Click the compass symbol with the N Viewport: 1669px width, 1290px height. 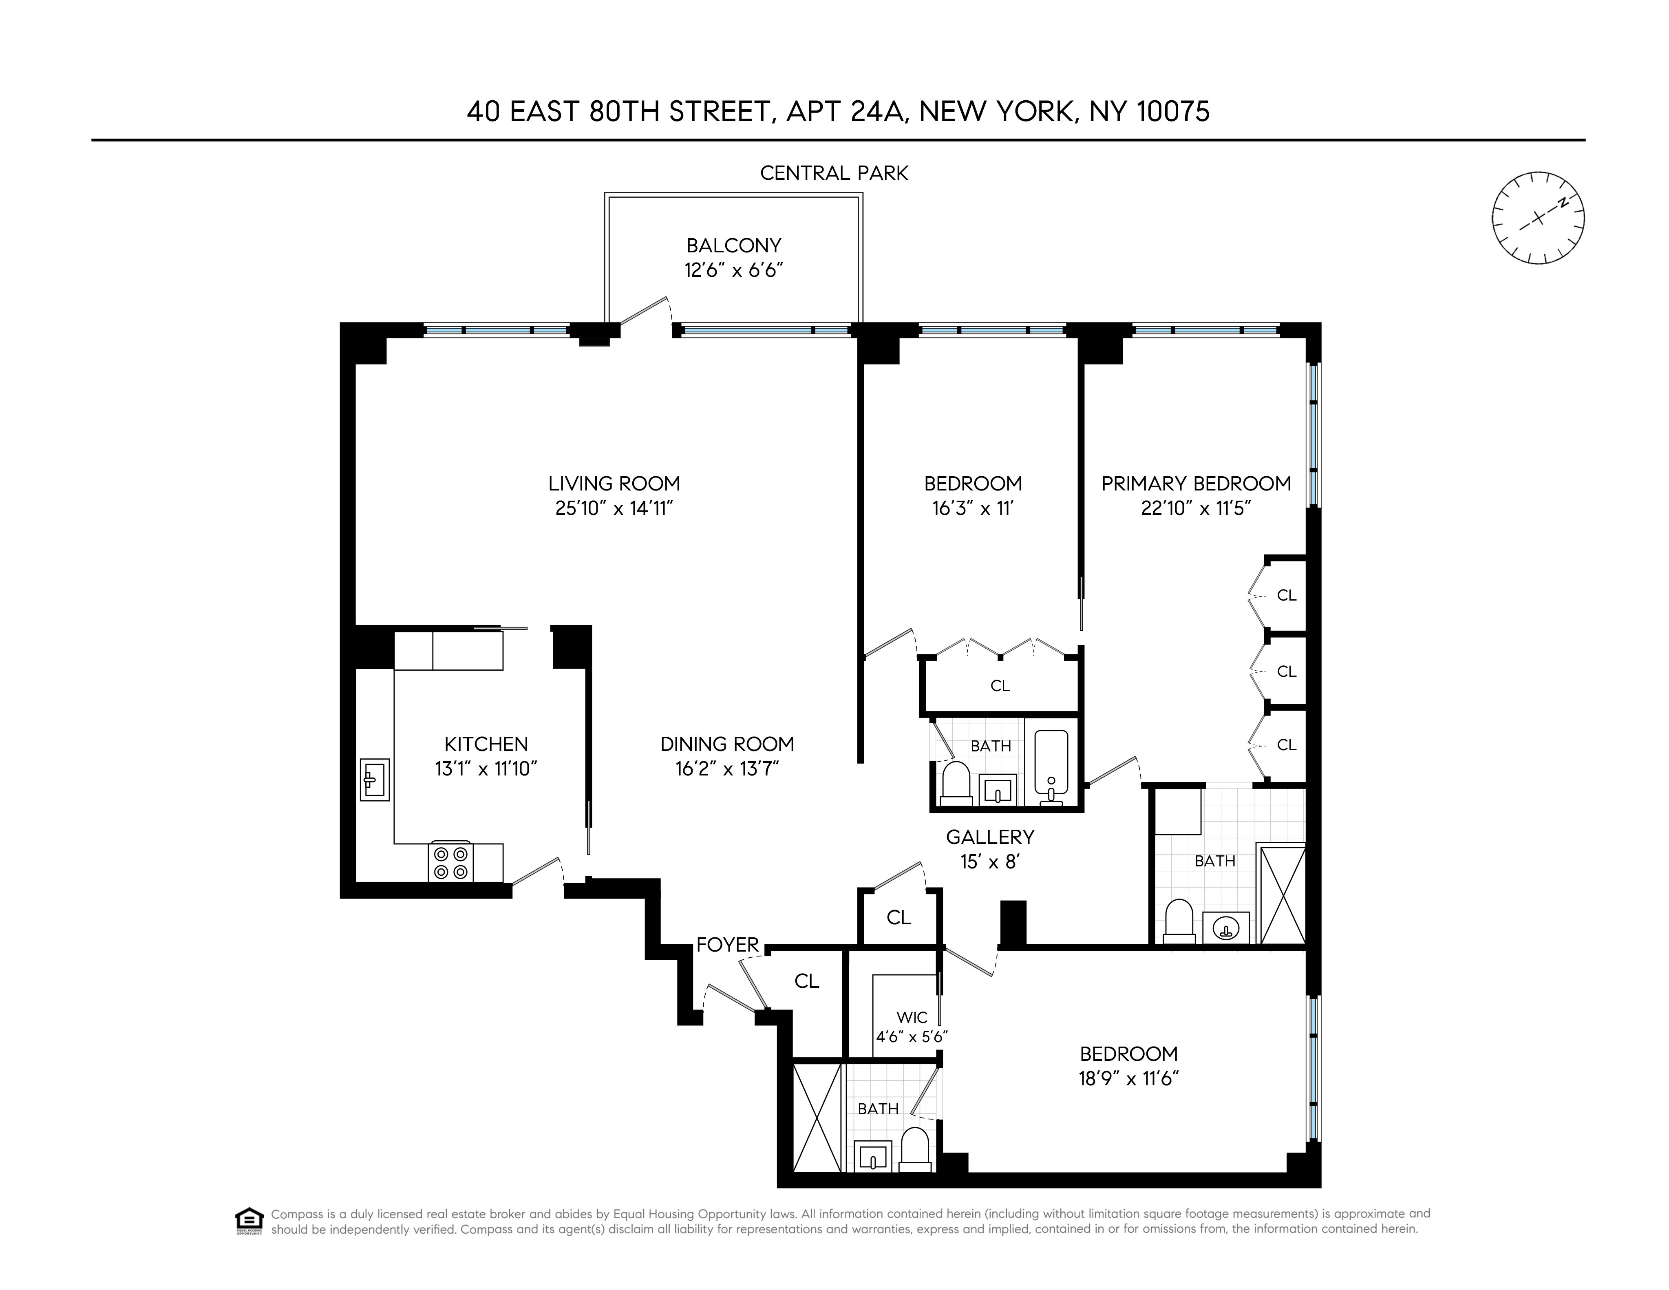[x=1538, y=218]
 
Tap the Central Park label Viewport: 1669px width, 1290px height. [x=834, y=173]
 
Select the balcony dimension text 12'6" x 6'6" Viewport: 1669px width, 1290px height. [x=734, y=271]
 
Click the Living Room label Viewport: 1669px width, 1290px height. [x=614, y=484]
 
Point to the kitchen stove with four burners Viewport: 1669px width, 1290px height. [x=450, y=862]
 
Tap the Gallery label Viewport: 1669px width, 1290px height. [x=990, y=837]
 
